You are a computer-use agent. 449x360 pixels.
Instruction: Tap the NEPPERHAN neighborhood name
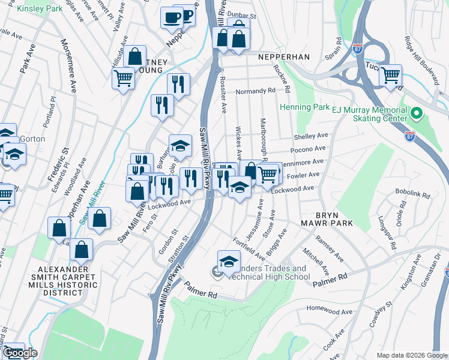click(x=283, y=57)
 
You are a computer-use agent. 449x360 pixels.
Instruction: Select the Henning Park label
click(x=305, y=107)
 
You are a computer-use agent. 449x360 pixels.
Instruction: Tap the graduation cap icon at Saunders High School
click(x=229, y=262)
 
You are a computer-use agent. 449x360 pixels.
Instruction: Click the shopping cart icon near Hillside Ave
click(x=123, y=77)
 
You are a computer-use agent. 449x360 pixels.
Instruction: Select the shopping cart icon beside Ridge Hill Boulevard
click(x=390, y=75)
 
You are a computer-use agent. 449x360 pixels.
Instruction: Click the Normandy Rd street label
click(x=255, y=91)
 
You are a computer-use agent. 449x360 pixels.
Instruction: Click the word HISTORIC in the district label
click(x=54, y=283)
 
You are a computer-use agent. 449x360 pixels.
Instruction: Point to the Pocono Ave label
click(x=308, y=149)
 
